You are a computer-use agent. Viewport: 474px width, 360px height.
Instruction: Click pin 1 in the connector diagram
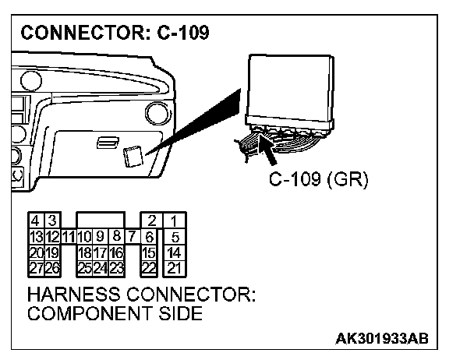174,221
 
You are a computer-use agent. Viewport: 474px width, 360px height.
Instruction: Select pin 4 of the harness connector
35,221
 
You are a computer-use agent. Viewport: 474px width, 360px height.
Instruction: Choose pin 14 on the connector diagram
174,252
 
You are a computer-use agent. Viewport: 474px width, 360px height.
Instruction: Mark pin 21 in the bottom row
174,267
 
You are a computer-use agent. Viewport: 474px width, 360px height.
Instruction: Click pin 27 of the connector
35,267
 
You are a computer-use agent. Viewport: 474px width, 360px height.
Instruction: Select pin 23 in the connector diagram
116,267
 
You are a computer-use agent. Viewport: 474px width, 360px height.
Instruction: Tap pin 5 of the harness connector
175,236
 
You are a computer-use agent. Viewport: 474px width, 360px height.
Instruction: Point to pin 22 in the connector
150,267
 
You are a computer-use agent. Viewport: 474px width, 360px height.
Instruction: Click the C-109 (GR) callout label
318,179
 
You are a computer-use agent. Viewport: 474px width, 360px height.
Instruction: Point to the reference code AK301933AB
382,341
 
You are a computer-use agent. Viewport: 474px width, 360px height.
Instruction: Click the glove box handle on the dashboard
104,143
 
